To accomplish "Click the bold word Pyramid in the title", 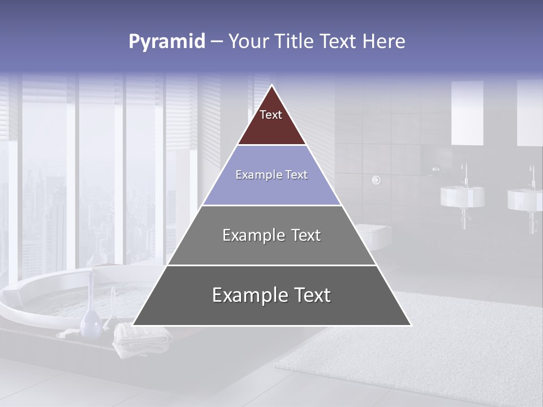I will click(x=167, y=42).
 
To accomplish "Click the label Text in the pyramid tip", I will click(x=271, y=115).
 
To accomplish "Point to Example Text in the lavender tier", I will click(x=271, y=175).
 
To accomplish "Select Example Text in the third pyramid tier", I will click(x=271, y=235).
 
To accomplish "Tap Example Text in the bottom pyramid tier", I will click(x=271, y=295).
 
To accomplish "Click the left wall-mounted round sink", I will click(x=462, y=196).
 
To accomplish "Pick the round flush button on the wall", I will click(x=376, y=180).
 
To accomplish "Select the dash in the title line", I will click(x=217, y=42).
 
